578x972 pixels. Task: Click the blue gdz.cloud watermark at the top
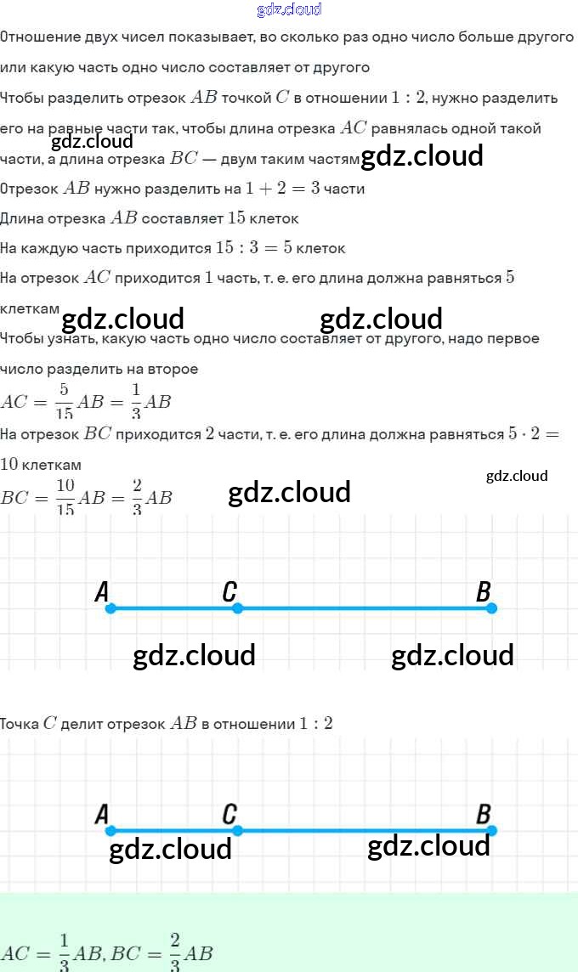289,9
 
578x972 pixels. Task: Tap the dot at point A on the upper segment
110,608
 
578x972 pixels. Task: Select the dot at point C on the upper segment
237,608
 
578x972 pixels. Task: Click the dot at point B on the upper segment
491,608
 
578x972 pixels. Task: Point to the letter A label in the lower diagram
102,814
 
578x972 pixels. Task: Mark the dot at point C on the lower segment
237,831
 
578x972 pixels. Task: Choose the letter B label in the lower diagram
484,814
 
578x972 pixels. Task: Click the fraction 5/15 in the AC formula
64,401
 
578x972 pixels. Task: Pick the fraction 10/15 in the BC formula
65,497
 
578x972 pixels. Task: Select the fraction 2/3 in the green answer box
175,952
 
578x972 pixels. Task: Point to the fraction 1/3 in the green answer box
64,952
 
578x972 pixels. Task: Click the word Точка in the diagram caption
19,724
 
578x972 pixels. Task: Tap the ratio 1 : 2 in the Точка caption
315,724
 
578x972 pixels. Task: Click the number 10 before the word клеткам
9,465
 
